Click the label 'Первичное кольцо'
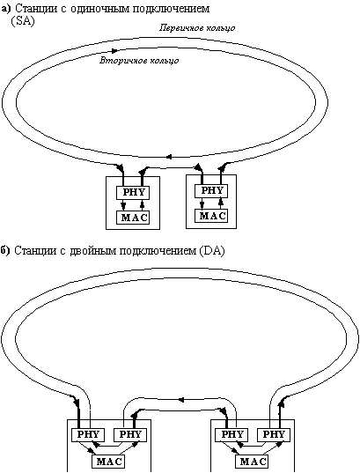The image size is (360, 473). click(197, 28)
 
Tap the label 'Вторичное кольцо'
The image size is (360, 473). click(139, 61)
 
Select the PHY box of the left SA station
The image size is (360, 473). click(133, 193)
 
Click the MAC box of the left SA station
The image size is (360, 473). click(133, 218)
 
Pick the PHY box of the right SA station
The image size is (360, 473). click(210, 191)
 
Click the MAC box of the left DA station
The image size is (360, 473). click(108, 462)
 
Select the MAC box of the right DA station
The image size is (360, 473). click(252, 462)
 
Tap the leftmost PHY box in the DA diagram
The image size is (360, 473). click(88, 435)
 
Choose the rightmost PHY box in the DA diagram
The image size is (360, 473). click(274, 435)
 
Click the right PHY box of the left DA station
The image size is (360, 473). click(130, 435)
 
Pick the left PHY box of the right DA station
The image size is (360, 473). click(231, 435)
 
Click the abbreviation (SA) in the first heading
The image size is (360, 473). click(23, 22)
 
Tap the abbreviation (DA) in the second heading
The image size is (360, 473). click(212, 251)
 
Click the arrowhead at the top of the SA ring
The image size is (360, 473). click(115, 50)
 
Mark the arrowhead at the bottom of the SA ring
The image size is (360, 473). click(169, 157)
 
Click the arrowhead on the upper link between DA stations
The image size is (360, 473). click(181, 400)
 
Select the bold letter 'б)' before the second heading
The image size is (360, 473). click(5, 250)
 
